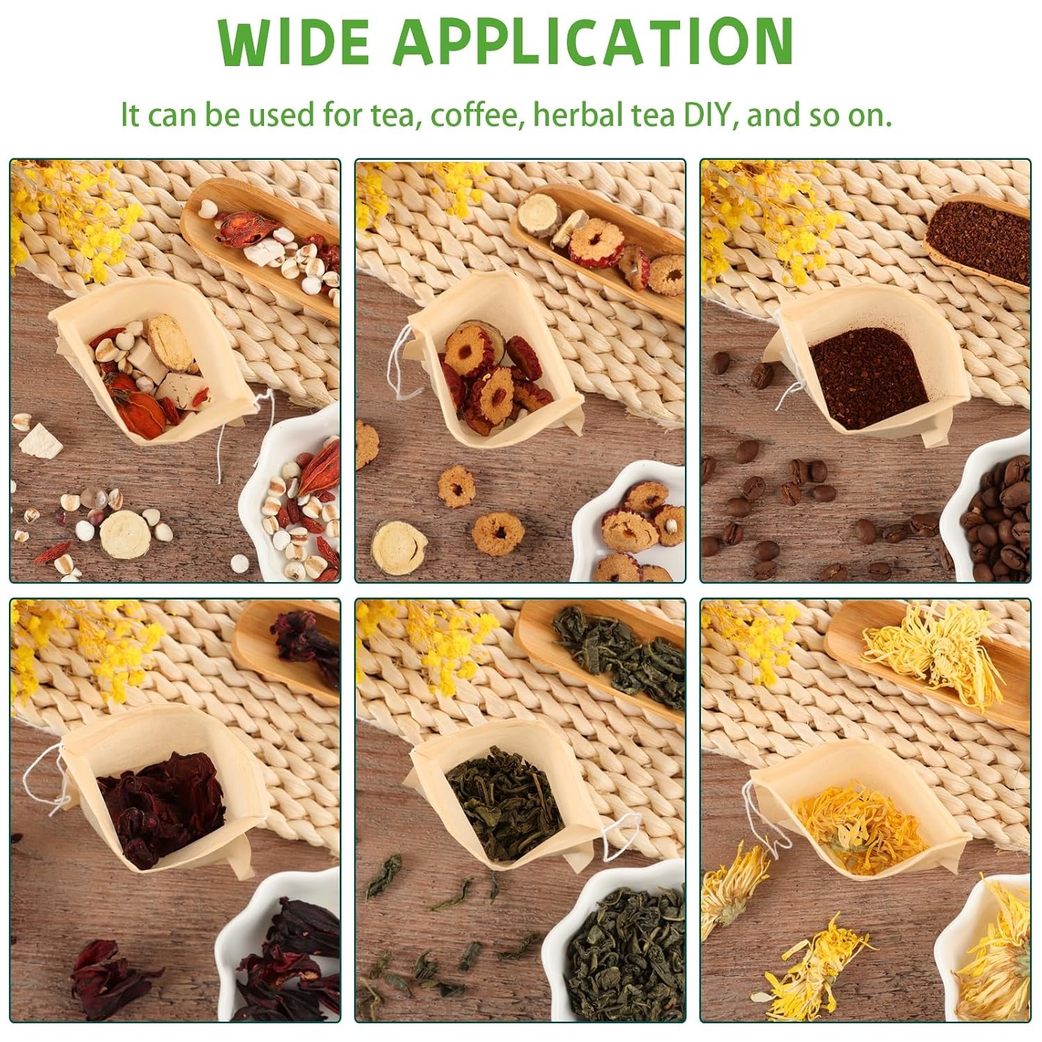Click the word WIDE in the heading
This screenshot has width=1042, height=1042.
click(293, 42)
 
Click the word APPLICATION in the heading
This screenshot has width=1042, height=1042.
click(593, 42)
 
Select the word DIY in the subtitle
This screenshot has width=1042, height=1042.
click(706, 114)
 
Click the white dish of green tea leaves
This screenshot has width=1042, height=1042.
click(615, 945)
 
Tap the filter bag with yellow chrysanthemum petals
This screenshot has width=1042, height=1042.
click(861, 827)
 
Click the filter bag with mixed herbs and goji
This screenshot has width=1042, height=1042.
click(156, 368)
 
